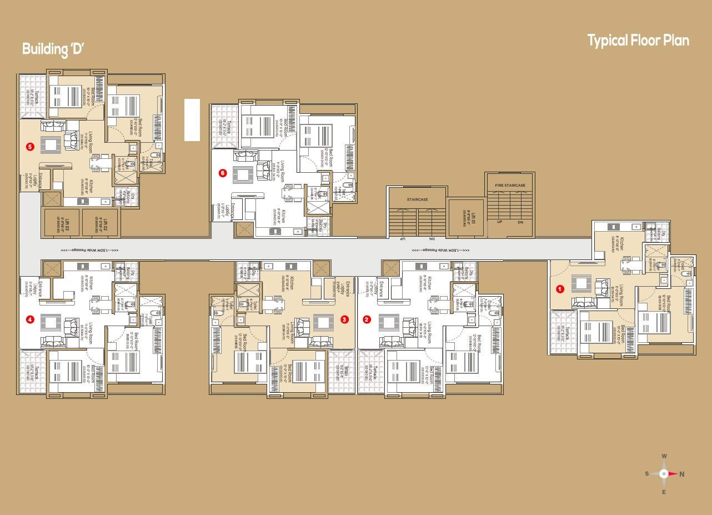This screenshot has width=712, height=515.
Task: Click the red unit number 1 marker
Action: (560, 289)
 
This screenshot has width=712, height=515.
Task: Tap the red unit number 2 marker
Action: (367, 319)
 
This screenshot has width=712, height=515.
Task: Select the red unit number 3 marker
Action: (344, 319)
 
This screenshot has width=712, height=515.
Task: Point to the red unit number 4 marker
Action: (30, 319)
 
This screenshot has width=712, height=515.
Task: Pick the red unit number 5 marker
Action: (30, 147)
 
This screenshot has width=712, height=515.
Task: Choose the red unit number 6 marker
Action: (223, 173)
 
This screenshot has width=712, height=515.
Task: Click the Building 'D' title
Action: (53, 49)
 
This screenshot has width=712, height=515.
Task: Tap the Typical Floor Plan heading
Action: (638, 41)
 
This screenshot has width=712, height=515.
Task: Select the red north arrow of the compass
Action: (674, 474)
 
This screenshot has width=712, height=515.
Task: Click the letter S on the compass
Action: (647, 474)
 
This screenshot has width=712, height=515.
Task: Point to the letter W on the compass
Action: (664, 457)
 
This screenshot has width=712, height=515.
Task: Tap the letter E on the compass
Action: (664, 492)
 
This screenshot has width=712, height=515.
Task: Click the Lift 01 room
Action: (465, 217)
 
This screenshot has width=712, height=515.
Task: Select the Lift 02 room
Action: (100, 223)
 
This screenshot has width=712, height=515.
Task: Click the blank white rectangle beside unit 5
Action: (192, 120)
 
